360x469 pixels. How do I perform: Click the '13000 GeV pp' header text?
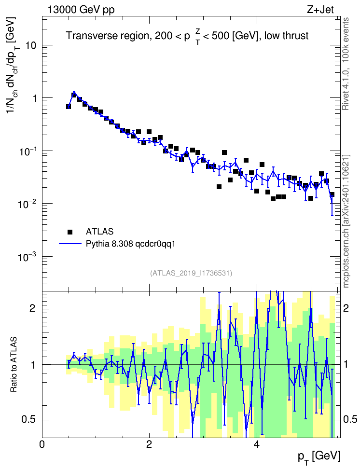81,10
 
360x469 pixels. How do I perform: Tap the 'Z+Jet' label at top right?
320,10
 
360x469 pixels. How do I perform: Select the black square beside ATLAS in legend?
70,232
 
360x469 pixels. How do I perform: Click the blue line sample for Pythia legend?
70,244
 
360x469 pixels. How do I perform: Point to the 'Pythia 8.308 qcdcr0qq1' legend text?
130,244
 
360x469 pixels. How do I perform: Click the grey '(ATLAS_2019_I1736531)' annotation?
191,273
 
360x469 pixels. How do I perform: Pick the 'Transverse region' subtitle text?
108,36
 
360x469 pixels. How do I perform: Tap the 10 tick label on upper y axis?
31,45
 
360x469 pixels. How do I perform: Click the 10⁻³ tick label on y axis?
27,256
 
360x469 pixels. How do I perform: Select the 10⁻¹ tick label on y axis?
27,151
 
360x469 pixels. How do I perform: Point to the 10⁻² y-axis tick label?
27,204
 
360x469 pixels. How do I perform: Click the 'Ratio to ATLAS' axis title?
14,365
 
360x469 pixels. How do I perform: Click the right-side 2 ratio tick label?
346,308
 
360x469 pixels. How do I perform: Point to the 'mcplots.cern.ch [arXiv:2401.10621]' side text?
346,221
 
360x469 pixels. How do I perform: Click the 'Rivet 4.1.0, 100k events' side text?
346,64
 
